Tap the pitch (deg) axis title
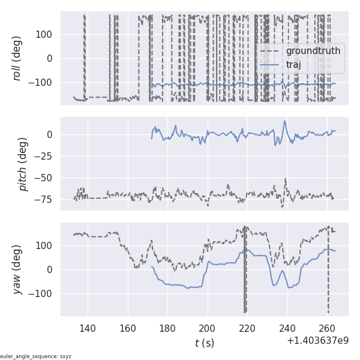(x=23, y=164)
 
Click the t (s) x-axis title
(x=204, y=343)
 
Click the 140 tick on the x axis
(x=88, y=328)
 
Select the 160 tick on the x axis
(x=128, y=328)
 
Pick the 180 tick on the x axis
(x=167, y=328)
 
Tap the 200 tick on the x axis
(x=208, y=328)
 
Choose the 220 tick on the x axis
(x=247, y=328)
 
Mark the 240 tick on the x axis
(x=287, y=328)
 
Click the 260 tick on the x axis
(x=327, y=328)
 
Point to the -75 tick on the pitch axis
(x=46, y=200)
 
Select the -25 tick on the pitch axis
(x=46, y=156)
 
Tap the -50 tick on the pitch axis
(x=46, y=178)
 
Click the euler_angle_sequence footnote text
(x=36, y=356)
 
